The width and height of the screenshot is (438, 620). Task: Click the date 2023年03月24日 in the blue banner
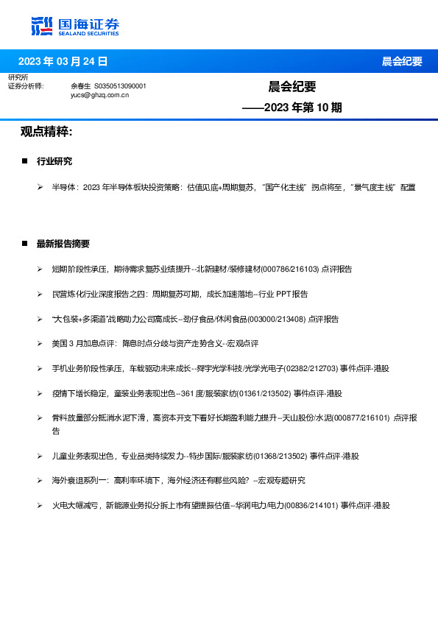pos(63,61)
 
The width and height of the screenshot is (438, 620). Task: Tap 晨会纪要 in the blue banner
pos(402,61)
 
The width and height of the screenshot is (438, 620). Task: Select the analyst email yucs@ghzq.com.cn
pos(100,95)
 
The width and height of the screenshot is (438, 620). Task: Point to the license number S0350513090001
pos(121,86)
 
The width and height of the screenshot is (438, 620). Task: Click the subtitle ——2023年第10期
pos(292,108)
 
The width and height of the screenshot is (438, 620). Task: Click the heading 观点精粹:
pos(46,132)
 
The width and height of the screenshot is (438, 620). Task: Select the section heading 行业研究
pos(54,161)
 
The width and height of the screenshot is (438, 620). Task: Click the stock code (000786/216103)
pos(289,270)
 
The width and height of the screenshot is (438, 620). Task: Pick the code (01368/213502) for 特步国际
pos(277,457)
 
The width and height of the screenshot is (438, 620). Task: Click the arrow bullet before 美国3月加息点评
pos(40,343)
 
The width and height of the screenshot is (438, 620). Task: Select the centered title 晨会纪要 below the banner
pos(292,87)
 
